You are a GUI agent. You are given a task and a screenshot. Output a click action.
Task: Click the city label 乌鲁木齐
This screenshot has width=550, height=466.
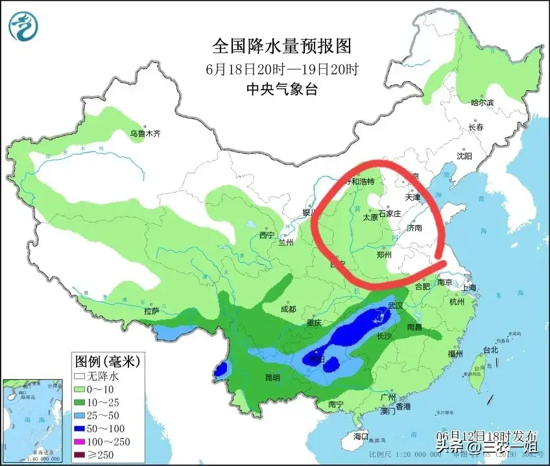point(144,134)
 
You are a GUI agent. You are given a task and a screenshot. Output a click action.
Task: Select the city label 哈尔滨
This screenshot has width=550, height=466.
point(482,103)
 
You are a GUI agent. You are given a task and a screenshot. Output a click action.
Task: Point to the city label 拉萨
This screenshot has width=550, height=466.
point(152,311)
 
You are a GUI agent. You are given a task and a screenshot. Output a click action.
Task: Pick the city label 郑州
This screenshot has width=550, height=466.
point(385,255)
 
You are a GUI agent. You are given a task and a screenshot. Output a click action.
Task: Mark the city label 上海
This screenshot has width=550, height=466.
point(469,288)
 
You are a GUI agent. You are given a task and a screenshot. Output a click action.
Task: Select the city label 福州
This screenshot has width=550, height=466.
point(454,354)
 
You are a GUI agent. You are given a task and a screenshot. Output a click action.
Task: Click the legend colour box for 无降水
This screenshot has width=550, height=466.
point(80,376)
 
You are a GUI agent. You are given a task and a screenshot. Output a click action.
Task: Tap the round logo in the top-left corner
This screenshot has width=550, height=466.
point(23,25)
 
